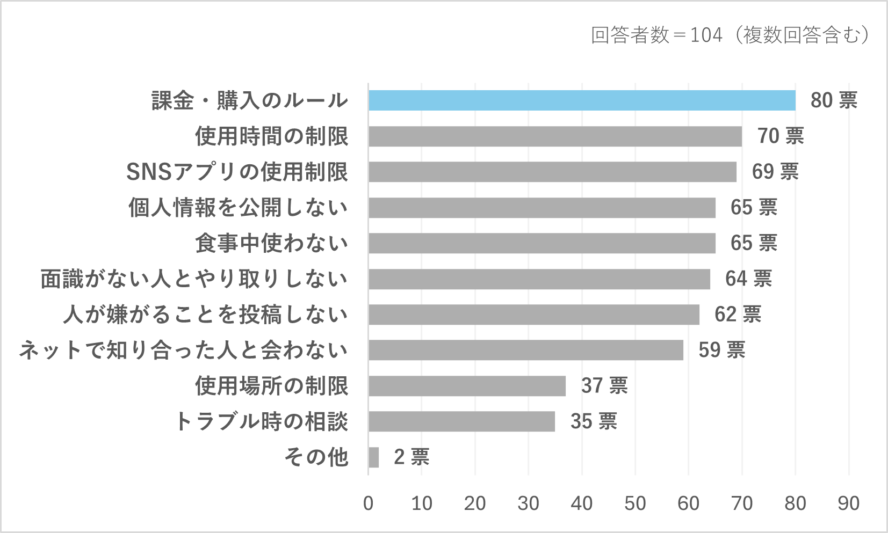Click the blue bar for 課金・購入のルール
582,100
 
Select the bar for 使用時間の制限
555,136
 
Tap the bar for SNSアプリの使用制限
552,172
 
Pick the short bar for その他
374,457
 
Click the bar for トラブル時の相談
461,421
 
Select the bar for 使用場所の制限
467,386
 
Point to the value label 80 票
834,100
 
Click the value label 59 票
721,350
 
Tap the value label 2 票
411,457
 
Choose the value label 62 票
738,315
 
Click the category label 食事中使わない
271,243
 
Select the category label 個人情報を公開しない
238,208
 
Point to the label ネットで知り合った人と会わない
183,350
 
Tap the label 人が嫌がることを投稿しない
205,315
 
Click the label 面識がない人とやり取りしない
194,279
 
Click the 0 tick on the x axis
369,503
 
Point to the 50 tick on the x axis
635,503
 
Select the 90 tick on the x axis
848,503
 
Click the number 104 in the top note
706,35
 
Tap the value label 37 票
604,386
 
